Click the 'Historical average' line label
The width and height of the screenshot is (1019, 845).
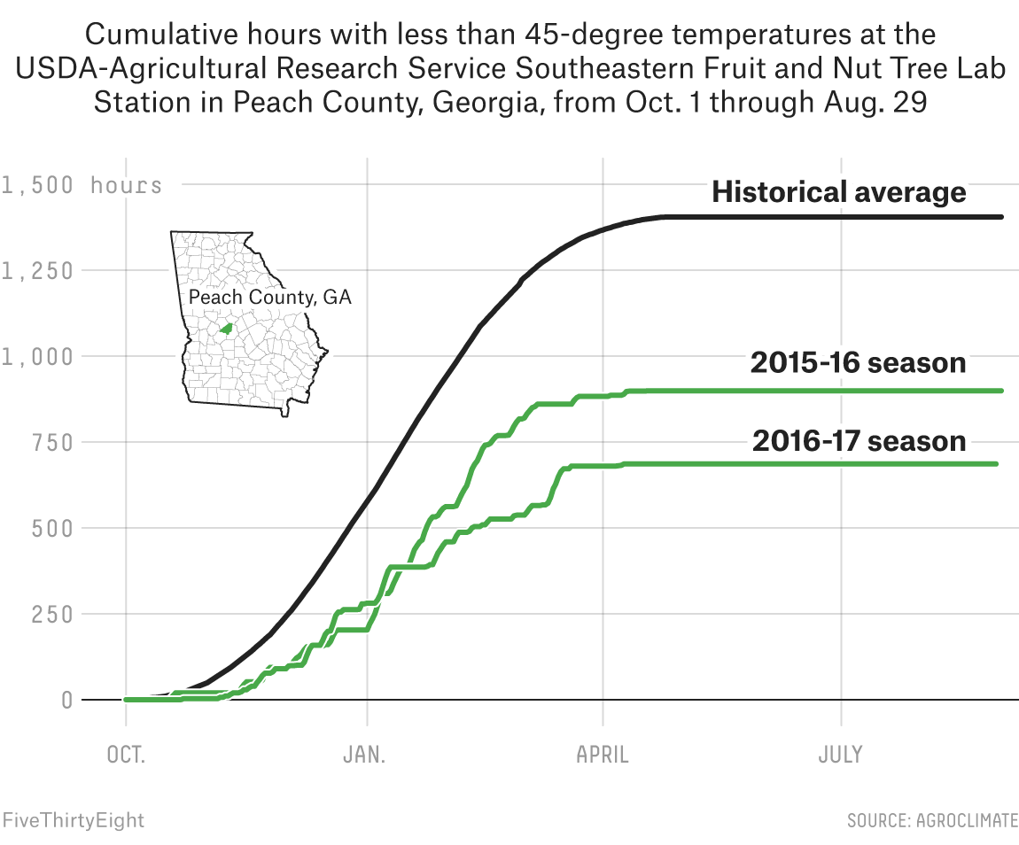tap(838, 192)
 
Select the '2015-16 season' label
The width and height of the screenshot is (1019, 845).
tap(858, 362)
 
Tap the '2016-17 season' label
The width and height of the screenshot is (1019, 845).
tap(859, 440)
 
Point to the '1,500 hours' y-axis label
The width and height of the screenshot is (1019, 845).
tap(82, 185)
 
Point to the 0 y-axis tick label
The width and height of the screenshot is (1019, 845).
tap(67, 700)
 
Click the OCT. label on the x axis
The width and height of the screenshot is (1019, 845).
tap(125, 756)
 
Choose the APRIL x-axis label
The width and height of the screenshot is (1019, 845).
tap(603, 756)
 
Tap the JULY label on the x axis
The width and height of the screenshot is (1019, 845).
tap(840, 756)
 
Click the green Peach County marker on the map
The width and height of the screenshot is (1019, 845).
tap(226, 329)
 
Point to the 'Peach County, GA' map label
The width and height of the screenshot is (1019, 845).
tap(270, 298)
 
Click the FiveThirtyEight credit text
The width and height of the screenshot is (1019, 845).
tap(73, 820)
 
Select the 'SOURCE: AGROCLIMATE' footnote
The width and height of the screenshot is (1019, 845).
tap(932, 821)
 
